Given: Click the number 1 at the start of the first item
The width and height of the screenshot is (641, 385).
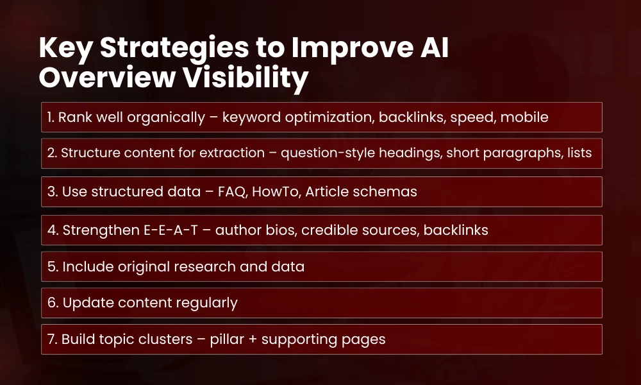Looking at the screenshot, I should [49, 117].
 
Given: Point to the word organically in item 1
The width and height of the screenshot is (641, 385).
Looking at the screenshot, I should [165, 117].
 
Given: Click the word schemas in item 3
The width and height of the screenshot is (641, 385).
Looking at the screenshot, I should [385, 192].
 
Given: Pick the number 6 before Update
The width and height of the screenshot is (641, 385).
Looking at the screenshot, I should [51, 303].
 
